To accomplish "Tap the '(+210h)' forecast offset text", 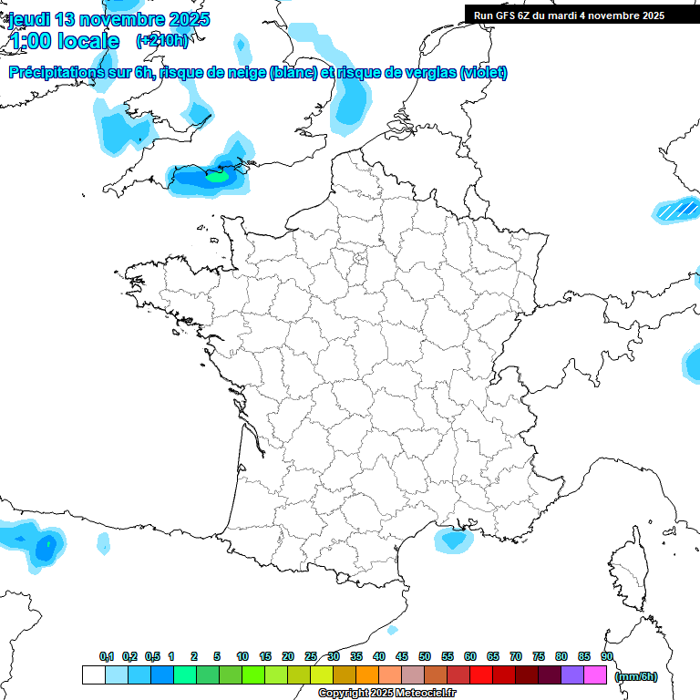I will (161, 40).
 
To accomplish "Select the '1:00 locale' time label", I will (64, 41).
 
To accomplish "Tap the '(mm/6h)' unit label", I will (636, 676).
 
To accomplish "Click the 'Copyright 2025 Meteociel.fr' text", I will (386, 694).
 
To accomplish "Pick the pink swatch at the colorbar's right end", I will (595, 675).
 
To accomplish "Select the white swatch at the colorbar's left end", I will (93, 675).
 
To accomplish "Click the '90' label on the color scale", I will (607, 656).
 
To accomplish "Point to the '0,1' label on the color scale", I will (107, 656).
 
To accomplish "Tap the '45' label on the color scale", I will (402, 656).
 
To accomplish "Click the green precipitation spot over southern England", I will (217, 177).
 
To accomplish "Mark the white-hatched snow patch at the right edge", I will (676, 211).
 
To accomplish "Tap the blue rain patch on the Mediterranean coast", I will (451, 540).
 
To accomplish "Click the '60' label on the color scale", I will (470, 656).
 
